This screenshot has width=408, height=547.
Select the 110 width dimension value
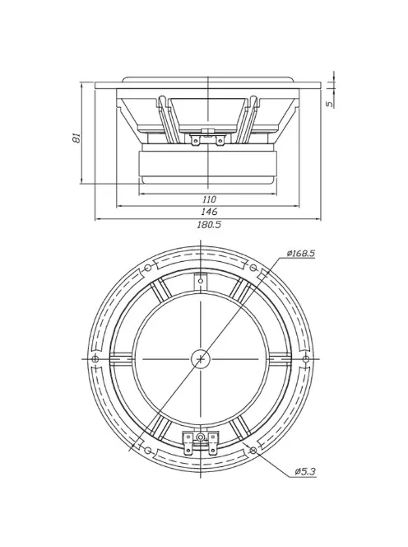click(x=208, y=199)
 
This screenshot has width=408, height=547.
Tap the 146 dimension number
click(x=208, y=212)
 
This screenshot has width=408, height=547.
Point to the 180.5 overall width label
click(x=208, y=225)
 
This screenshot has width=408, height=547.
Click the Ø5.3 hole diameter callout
click(x=305, y=470)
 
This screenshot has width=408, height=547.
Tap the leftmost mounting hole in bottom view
click(x=95, y=359)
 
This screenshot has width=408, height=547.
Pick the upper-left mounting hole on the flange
click(x=147, y=269)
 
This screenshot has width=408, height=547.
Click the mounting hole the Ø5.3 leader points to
click(x=253, y=451)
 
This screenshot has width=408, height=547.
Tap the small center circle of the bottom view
click(x=201, y=358)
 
